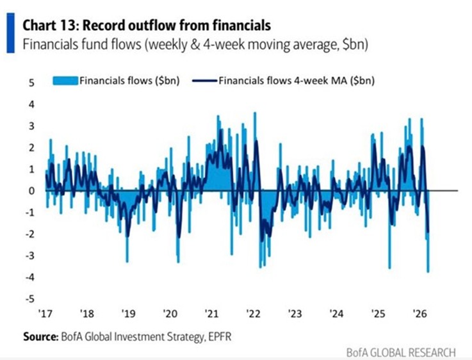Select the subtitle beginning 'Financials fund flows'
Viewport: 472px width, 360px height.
(195, 45)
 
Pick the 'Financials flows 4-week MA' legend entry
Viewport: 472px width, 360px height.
(288, 81)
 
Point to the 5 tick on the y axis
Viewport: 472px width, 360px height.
(30, 82)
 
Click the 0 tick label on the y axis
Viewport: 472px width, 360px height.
(30, 190)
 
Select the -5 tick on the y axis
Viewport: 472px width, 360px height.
(29, 299)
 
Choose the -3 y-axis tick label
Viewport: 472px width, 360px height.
(29, 256)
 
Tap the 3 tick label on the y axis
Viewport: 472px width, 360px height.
(30, 125)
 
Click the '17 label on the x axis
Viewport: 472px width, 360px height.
(44, 315)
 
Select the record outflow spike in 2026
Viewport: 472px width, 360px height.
(428, 270)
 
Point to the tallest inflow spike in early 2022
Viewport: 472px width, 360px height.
(255, 114)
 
